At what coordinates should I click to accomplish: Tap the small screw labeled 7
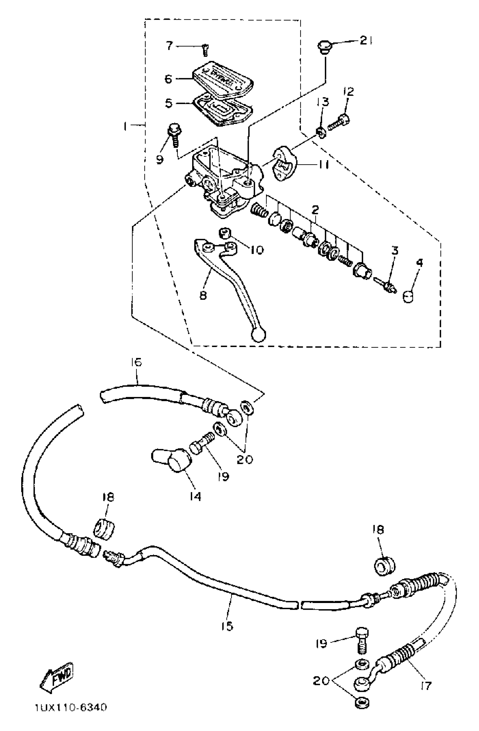(205, 50)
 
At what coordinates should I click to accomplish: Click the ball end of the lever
(258, 335)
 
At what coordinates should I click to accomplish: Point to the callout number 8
(203, 295)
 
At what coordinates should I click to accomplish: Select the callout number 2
(315, 210)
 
